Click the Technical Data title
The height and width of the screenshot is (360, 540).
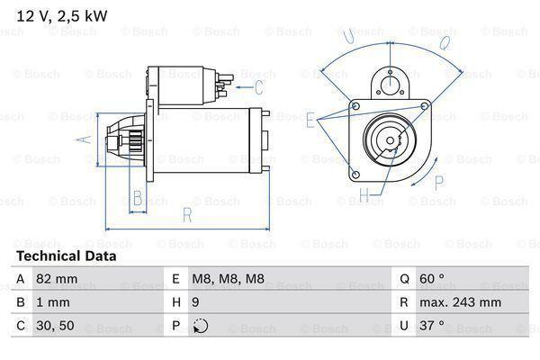pyautogui.click(x=65, y=256)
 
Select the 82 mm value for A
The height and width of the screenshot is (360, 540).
pyautogui.click(x=57, y=280)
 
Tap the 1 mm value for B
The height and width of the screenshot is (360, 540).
pyautogui.click(x=53, y=303)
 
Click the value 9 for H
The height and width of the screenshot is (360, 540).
pyautogui.click(x=195, y=303)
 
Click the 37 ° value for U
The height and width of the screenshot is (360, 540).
pyautogui.click(x=434, y=327)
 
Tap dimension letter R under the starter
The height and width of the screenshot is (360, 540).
pyautogui.click(x=186, y=214)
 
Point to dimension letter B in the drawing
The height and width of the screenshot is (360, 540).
pyautogui.click(x=138, y=197)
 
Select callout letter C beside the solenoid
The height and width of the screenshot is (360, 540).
pyautogui.click(x=258, y=87)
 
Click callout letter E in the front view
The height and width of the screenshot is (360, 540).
pyautogui.click(x=310, y=119)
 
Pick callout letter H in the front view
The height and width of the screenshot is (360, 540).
pyautogui.click(x=364, y=194)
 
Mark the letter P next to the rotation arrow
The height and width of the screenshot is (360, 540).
pyautogui.click(x=438, y=183)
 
